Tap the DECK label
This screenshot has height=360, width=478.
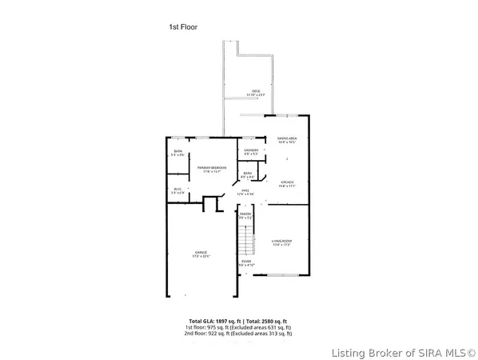tap(257, 93)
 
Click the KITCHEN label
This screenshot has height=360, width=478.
tap(287, 183)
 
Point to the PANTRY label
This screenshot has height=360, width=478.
tap(245, 216)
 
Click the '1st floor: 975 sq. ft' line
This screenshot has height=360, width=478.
tap(238, 328)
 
